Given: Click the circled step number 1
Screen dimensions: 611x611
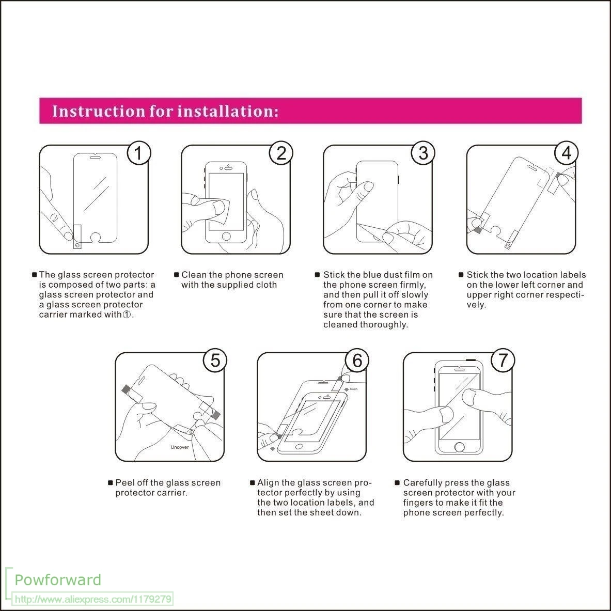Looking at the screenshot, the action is [138, 153].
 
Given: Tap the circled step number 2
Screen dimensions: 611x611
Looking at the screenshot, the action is [281, 153].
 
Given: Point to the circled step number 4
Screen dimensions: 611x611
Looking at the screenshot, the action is [567, 153].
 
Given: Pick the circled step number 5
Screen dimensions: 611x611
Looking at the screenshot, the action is [215, 361].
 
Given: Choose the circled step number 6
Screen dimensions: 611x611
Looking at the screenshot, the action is [357, 361].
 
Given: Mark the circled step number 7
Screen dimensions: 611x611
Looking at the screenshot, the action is [503, 361].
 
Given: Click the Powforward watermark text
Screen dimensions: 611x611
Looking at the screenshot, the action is [58, 579].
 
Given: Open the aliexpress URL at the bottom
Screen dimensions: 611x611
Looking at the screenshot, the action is [93, 600].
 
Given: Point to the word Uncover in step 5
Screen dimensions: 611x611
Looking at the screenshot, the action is [180, 447].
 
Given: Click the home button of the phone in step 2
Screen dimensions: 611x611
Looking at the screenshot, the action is [226, 237].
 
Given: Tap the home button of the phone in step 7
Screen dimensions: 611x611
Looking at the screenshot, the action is [459, 446].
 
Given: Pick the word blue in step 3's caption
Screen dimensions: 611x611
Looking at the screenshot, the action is [385, 275].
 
